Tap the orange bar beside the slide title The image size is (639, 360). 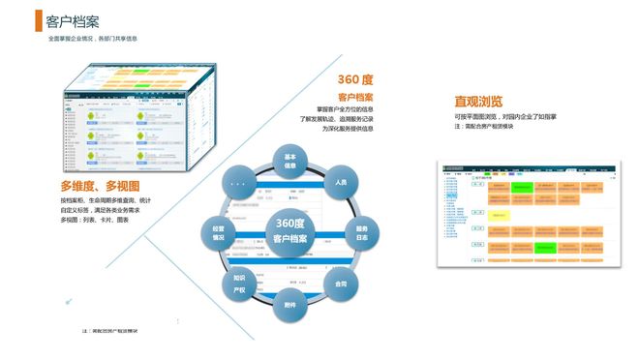coord(39,21)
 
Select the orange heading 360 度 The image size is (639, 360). coord(355,79)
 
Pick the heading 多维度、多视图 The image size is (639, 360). coord(100,186)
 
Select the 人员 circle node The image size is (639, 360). coord(341,181)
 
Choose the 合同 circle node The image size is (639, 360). coord(341,284)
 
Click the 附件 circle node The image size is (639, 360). coord(290,305)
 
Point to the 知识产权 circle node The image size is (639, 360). coord(240,284)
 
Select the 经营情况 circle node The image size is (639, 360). coord(219,232)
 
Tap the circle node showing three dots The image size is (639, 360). coord(240,181)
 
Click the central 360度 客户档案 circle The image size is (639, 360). coord(290,232)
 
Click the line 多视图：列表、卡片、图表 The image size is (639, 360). coord(95,221)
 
